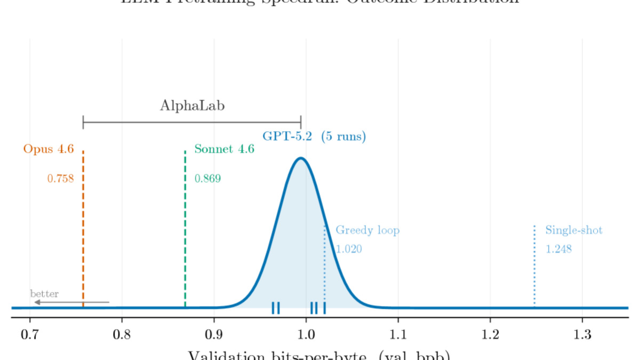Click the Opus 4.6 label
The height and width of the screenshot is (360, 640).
tap(49, 149)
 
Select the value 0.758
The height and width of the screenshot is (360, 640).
tap(60, 179)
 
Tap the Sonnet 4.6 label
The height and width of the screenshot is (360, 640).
tap(224, 149)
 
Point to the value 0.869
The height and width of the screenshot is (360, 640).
tap(207, 179)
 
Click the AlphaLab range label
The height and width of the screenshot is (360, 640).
tap(192, 106)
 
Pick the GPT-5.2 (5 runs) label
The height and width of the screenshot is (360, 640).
tap(314, 137)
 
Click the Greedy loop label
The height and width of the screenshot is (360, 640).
tap(367, 230)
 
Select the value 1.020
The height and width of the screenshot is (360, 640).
tap(349, 249)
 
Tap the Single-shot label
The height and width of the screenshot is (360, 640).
tap(573, 230)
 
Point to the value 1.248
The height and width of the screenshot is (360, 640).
tap(558, 249)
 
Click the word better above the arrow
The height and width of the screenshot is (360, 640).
tap(44, 294)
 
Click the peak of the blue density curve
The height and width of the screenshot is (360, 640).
tap(301, 158)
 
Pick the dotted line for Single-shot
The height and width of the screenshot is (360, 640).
tap(534, 267)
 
